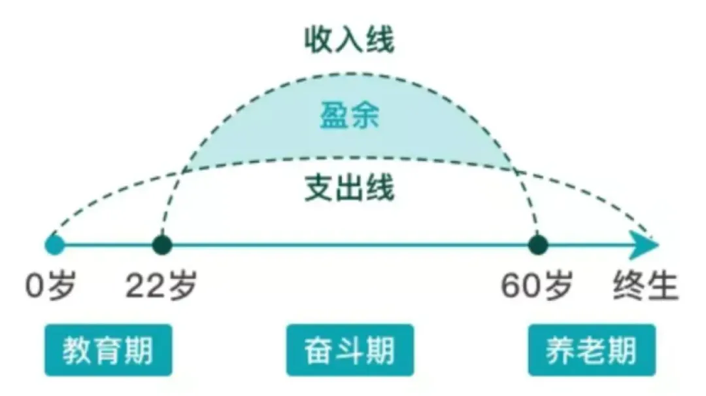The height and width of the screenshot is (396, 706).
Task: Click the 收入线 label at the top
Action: point(350,41)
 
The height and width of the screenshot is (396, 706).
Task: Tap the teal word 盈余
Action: point(350,118)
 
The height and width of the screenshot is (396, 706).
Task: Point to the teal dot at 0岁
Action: point(55,246)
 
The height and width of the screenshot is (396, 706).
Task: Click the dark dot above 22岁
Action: point(161,246)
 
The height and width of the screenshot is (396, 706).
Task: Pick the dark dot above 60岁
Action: point(538,246)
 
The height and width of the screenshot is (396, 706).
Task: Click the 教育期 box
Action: point(108,350)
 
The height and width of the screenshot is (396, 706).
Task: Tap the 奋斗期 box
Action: point(350,350)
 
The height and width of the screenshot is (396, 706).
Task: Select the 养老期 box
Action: point(591,350)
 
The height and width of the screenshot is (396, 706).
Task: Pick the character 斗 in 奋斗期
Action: point(350,351)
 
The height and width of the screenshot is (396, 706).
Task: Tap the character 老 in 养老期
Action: point(591,351)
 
